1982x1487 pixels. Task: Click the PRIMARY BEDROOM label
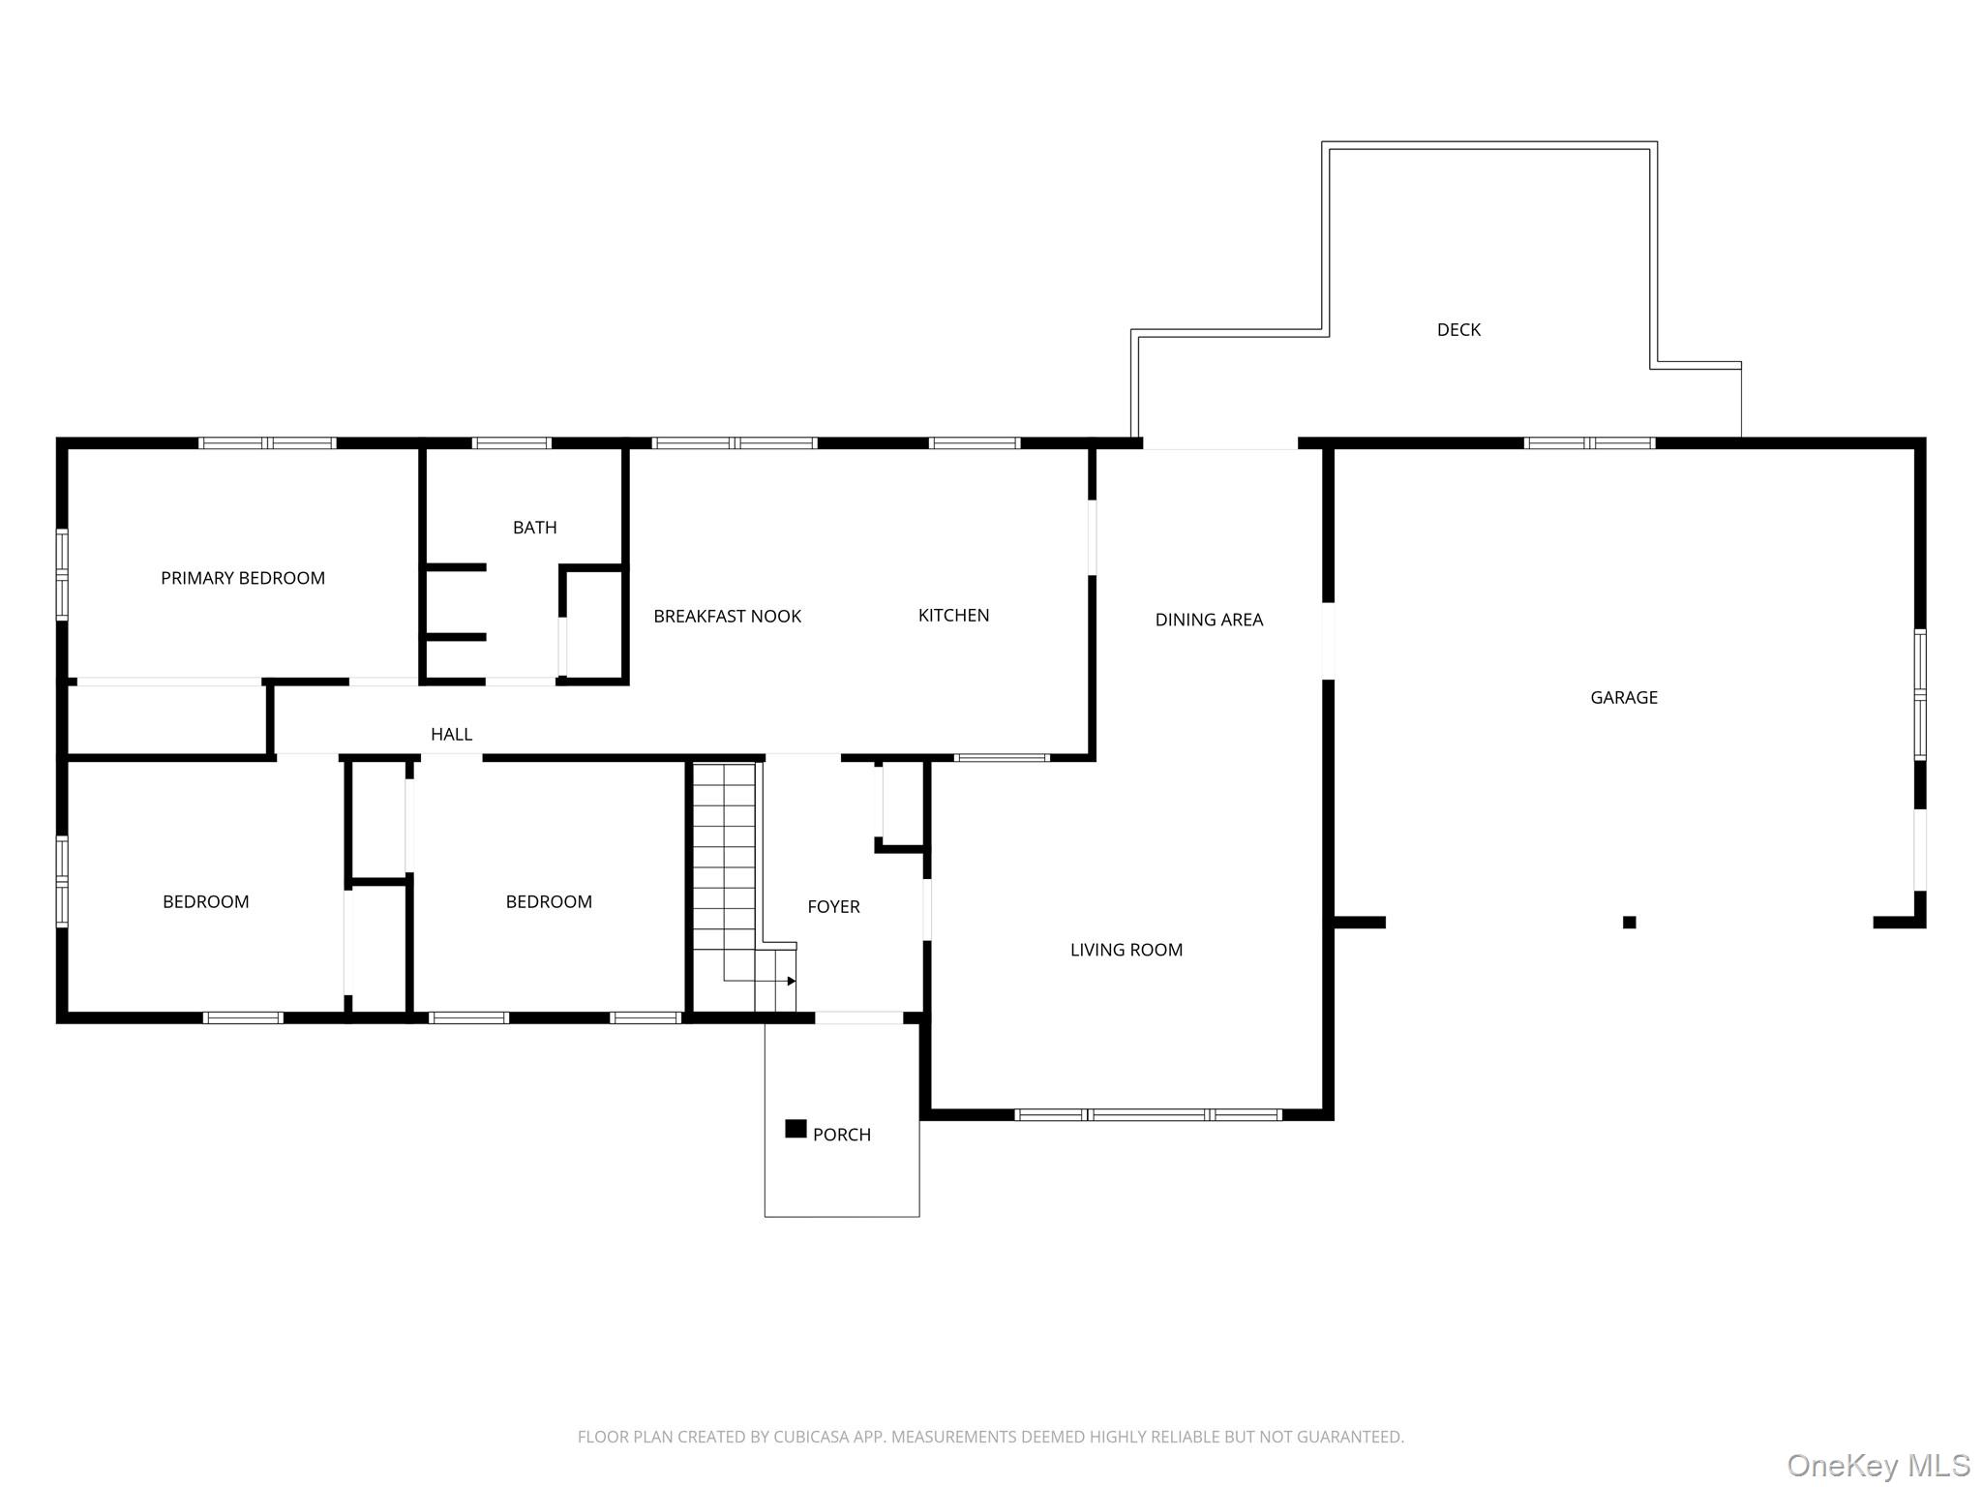click(243, 578)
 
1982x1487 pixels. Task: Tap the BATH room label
click(534, 528)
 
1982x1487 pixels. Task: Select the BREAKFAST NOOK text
click(727, 616)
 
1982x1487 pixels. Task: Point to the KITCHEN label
click(953, 615)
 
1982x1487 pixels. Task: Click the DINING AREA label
click(1209, 620)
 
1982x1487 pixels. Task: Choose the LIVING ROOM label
click(1126, 950)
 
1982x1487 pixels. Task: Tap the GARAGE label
click(1624, 697)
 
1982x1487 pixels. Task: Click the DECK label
click(1458, 330)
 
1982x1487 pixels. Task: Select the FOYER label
click(833, 906)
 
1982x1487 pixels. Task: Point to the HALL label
click(451, 734)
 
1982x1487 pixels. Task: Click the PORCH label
click(841, 1135)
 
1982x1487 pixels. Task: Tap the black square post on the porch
click(796, 1129)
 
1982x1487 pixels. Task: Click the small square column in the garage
click(1630, 923)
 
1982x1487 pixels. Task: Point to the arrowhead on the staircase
click(792, 981)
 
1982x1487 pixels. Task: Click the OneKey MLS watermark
click(1877, 1465)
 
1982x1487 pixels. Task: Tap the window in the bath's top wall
click(512, 443)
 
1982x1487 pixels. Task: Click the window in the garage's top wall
click(1589, 443)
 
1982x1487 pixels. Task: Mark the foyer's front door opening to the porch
click(859, 1017)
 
